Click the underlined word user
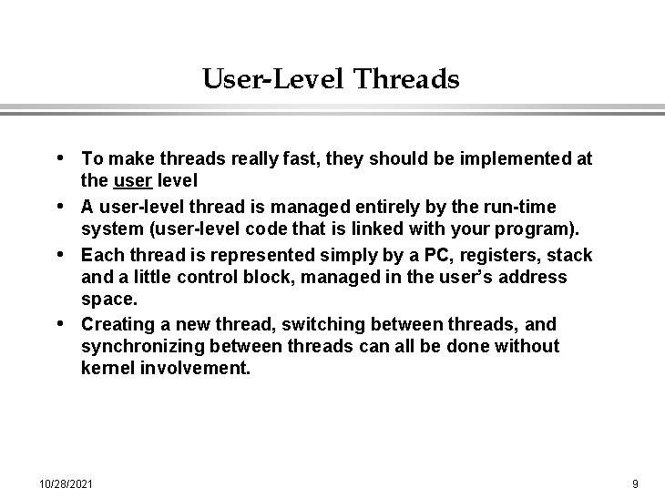point(132,181)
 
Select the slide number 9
point(635,482)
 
